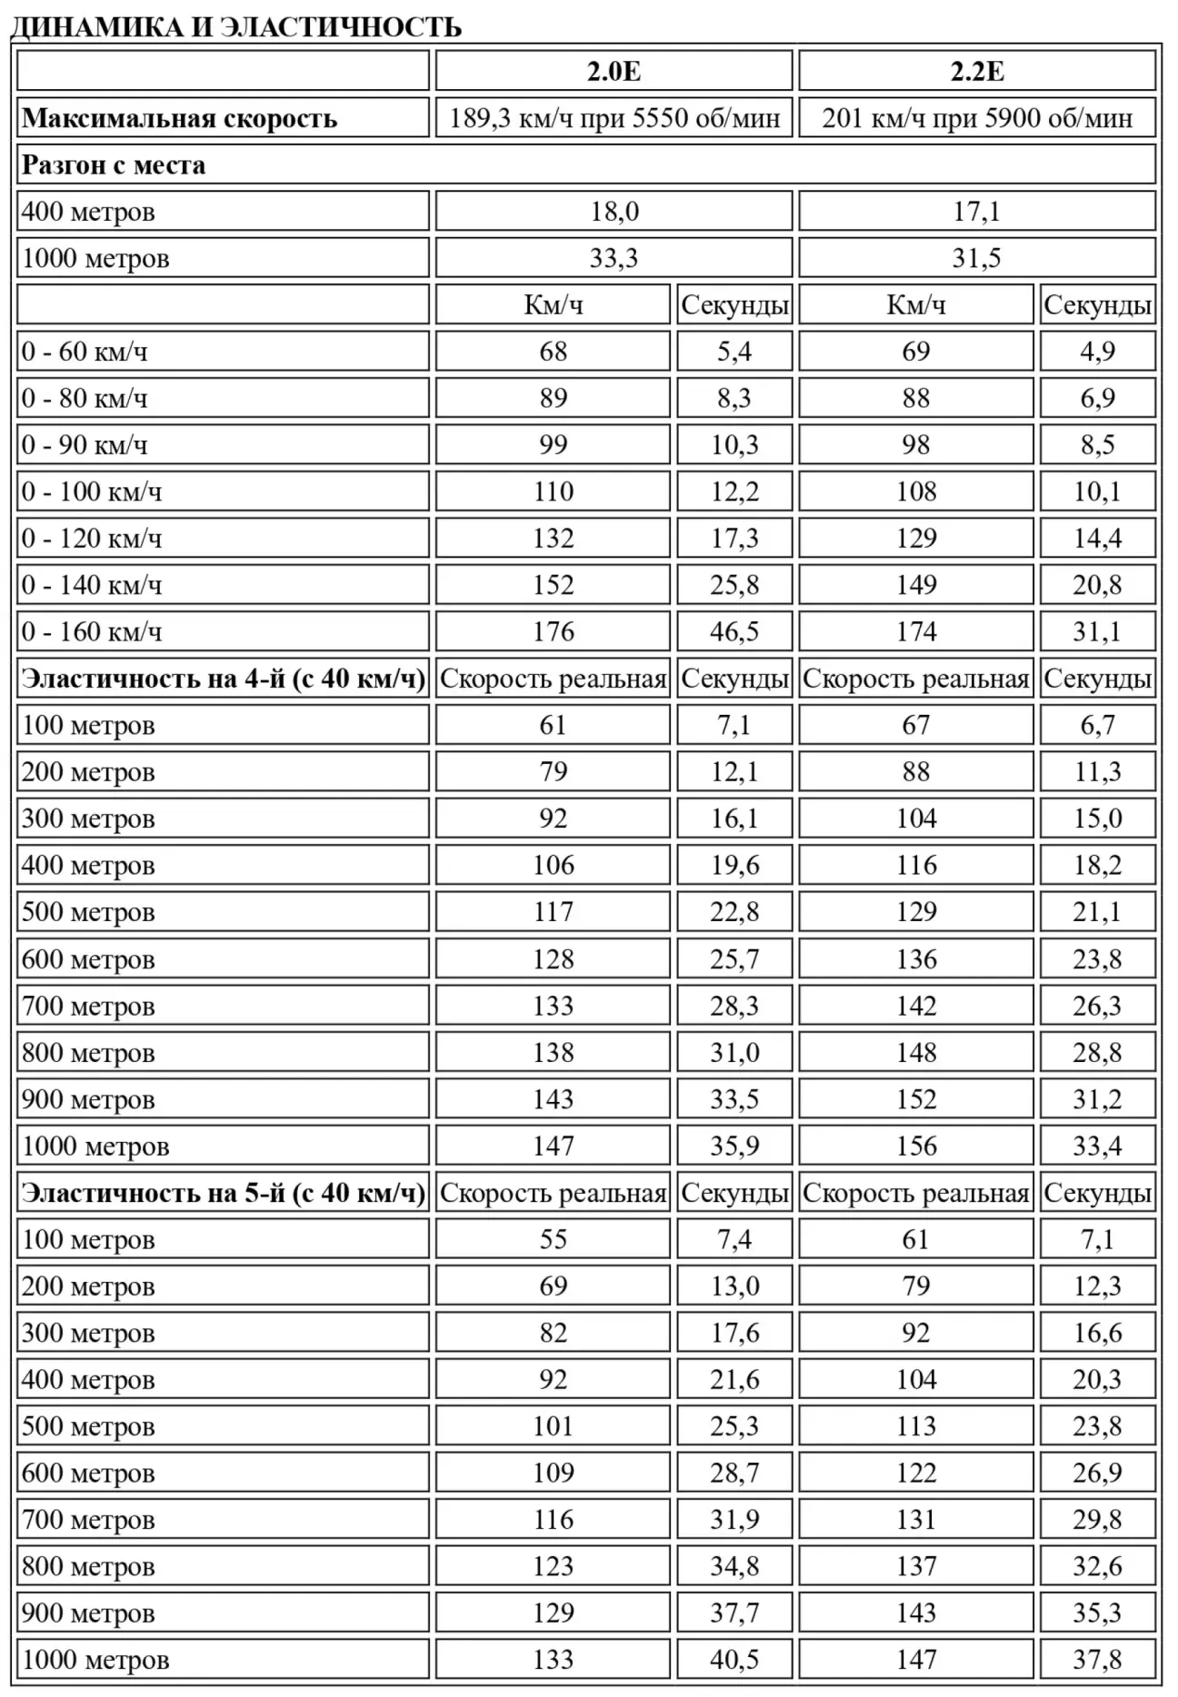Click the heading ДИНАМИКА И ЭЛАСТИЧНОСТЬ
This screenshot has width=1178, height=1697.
(235, 26)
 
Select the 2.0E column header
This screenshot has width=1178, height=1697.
(614, 71)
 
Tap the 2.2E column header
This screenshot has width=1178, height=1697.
(977, 71)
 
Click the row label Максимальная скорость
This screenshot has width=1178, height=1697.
(179, 118)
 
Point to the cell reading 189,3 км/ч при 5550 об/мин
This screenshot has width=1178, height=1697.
(614, 118)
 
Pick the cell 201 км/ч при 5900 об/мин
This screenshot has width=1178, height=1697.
(977, 118)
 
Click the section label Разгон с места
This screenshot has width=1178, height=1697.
(114, 165)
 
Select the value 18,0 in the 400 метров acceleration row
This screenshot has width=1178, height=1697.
(614, 212)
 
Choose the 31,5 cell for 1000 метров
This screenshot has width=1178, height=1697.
(977, 258)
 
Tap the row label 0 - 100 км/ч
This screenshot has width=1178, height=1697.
(92, 491)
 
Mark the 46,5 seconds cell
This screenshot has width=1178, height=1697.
(734, 631)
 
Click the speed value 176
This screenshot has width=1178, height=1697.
(553, 631)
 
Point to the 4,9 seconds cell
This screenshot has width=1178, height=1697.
(1097, 352)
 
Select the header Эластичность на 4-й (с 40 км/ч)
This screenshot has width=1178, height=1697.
(223, 679)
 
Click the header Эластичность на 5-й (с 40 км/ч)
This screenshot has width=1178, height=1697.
(223, 1193)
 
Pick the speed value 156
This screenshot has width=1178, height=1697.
(915, 1146)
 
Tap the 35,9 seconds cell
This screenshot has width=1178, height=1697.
(734, 1146)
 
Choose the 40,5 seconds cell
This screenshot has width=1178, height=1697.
(734, 1660)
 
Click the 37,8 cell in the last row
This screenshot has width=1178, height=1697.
(1097, 1660)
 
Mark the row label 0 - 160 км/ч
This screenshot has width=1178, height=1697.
(92, 631)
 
